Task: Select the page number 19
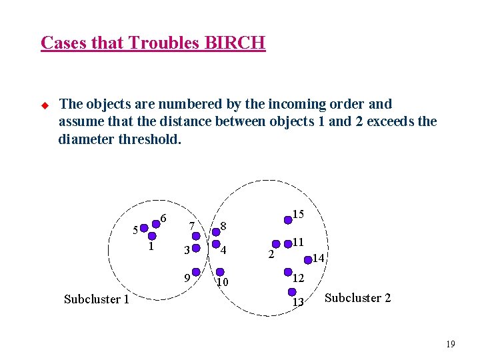point(450,345)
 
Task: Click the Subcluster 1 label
point(96,299)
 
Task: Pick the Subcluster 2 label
point(357,298)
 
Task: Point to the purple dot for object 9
point(197,273)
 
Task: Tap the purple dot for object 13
point(291,292)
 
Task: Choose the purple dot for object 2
point(277,245)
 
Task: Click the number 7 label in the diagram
point(192,226)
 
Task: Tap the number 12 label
point(299,277)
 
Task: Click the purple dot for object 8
point(216,232)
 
